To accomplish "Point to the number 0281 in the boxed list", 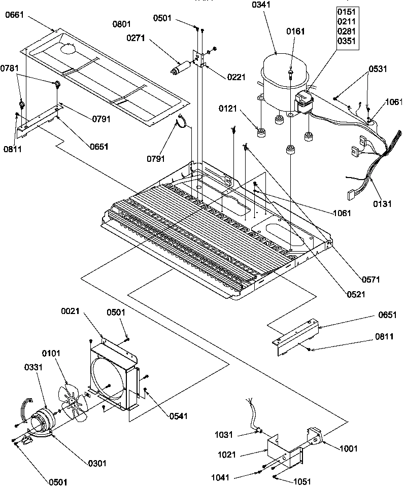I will (348, 30).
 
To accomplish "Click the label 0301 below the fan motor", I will (97, 463).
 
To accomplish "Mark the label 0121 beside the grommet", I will (228, 109).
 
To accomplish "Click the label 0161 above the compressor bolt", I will (295, 31).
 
